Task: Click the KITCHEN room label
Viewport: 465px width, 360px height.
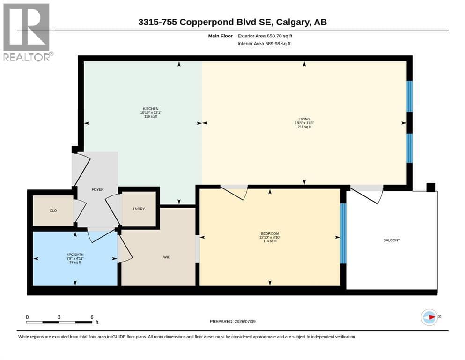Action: [151, 109]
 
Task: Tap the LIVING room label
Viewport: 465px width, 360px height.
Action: [304, 119]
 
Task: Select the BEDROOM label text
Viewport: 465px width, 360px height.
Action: [270, 233]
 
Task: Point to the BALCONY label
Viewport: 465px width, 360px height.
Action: [392, 240]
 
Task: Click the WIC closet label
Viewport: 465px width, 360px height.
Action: [167, 257]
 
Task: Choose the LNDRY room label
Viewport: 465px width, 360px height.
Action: [139, 209]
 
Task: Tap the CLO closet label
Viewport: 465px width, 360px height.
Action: [53, 211]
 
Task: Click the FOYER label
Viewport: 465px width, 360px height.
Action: [97, 190]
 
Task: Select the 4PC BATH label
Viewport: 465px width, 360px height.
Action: [75, 255]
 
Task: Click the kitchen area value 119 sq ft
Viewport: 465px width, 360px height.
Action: [151, 116]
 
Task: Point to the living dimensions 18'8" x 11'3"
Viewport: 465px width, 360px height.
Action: [304, 123]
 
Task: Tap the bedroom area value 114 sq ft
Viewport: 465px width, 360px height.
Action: [270, 241]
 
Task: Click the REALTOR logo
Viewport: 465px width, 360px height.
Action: [27, 32]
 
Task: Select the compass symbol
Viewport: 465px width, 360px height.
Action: [429, 317]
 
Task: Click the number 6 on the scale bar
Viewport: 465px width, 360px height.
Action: [92, 317]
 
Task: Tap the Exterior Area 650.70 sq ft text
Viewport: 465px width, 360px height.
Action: [265, 36]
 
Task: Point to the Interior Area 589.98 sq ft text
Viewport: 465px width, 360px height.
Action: [264, 44]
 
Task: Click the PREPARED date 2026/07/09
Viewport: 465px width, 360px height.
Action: [245, 321]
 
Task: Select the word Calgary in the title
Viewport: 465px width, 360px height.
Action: [292, 22]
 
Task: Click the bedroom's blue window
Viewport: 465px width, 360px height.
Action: [343, 233]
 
